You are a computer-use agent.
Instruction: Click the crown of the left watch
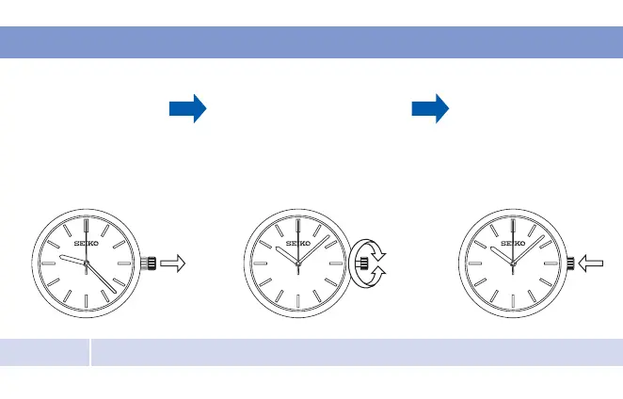pos(148,264)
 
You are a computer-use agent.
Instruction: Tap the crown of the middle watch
pos(361,264)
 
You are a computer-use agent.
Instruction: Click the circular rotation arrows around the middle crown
pos(367,264)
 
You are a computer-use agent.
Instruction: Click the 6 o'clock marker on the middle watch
pos(298,302)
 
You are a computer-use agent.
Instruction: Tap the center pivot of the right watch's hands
pos(512,264)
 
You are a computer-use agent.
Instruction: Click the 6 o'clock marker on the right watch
pos(512,302)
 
